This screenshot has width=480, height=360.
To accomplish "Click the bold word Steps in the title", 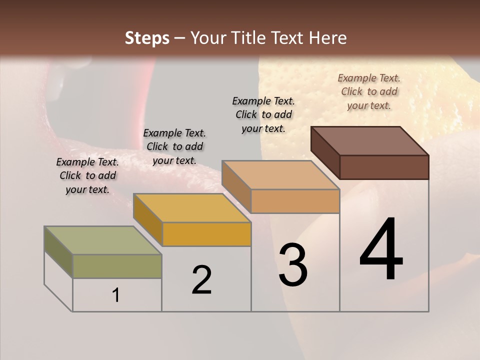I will [147, 38].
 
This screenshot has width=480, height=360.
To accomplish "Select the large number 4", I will [381, 250].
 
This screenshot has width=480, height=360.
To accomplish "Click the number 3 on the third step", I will [293, 265].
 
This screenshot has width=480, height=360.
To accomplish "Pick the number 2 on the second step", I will [201, 280].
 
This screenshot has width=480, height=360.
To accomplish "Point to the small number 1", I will [116, 295].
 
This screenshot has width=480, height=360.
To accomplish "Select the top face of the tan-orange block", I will [280, 175].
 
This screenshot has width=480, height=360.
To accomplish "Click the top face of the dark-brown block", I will [369, 141].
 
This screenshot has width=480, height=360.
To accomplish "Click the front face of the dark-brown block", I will [384, 167].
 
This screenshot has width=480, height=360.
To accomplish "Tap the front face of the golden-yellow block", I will [206, 234].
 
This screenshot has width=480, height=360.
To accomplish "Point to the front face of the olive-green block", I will [117, 266].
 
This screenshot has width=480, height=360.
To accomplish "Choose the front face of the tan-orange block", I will [295, 201].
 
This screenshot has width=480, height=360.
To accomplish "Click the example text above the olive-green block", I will [87, 175].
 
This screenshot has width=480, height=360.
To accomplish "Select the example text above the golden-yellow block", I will [174, 146].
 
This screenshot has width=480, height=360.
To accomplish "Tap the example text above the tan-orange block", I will [263, 114].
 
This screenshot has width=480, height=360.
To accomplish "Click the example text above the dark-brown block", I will [369, 91].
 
